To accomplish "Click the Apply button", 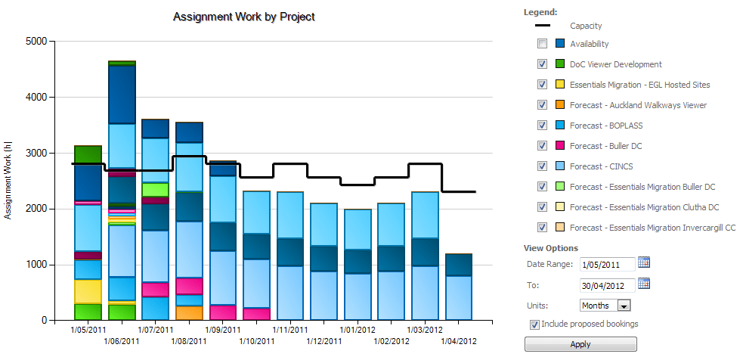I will tap(580, 344).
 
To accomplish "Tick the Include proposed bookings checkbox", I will tap(535, 324).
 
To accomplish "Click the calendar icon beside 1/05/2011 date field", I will tap(644, 262).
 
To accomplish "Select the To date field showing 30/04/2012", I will tap(608, 285).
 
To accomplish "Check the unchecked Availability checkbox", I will tap(542, 44).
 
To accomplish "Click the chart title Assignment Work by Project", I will tap(243, 17).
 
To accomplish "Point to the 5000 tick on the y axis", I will tap(36, 41).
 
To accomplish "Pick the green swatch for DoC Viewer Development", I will tap(560, 64).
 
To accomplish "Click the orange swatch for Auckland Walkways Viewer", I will tap(560, 105).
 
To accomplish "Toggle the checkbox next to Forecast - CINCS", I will tap(542, 166).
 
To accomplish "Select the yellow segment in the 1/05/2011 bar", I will tap(88, 291).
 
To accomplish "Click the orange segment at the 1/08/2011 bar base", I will tap(189, 312).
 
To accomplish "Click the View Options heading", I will tap(550, 248).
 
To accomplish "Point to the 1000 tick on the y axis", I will tap(36, 265).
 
